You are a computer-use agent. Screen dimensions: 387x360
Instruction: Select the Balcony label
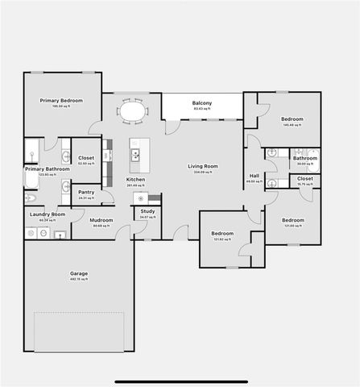pos(202,103)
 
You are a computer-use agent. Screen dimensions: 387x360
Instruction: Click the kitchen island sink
pos(135,153)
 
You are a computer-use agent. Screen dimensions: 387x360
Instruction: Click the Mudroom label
pos(101,219)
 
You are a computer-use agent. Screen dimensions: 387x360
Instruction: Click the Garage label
pos(79,274)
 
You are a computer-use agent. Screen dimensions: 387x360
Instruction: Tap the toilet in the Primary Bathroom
pos(31,198)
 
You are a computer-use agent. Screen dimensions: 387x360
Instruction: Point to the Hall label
pos(254,176)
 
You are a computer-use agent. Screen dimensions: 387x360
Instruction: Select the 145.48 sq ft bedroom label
pos(292,119)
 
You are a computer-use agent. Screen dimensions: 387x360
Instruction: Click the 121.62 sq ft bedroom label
pos(222,234)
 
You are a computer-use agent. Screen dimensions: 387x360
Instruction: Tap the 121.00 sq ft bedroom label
pos(292,220)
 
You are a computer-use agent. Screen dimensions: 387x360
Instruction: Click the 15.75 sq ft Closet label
pos(305,179)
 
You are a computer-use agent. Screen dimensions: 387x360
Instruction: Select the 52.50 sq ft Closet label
pos(86,158)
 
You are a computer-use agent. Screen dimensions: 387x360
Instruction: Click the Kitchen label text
pos(135,179)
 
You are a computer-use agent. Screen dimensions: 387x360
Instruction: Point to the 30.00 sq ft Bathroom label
pos(304,159)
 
